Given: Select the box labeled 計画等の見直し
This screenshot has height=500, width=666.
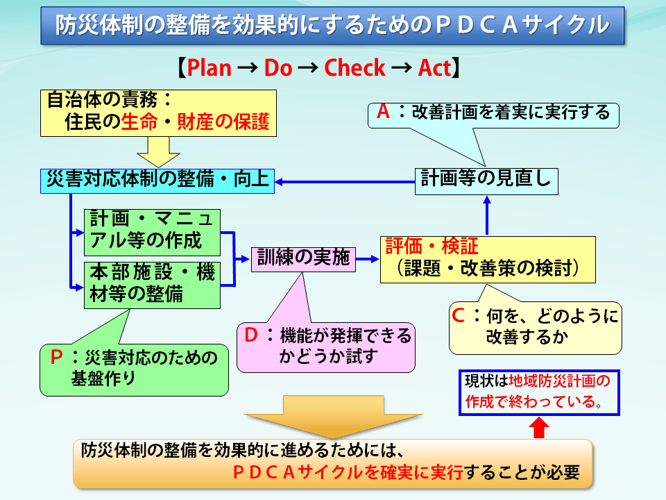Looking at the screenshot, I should (x=486, y=180).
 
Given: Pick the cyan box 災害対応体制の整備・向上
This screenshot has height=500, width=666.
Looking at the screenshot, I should (x=156, y=180).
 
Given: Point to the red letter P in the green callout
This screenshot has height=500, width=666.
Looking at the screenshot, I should (x=57, y=358).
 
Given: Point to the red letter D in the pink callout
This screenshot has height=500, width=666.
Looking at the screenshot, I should (x=252, y=335).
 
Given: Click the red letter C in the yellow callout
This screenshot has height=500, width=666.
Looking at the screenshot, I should (x=459, y=316).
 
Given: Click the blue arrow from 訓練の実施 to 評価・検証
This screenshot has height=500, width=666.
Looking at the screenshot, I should (x=368, y=259).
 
